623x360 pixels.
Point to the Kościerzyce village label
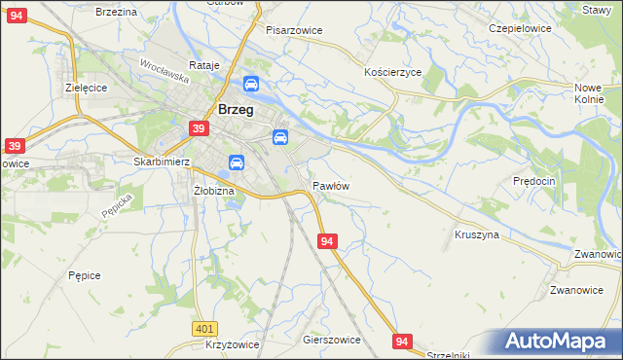pyautogui.click(x=392, y=72)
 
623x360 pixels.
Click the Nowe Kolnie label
pyautogui.click(x=590, y=93)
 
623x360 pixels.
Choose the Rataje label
pyautogui.click(x=205, y=65)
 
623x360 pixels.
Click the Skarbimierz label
pyautogui.click(x=161, y=162)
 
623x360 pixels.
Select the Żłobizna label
pyautogui.click(x=214, y=191)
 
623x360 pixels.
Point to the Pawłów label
pyautogui.click(x=331, y=185)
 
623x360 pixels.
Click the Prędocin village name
pyautogui.click(x=533, y=181)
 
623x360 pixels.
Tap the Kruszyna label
pyautogui.click(x=477, y=234)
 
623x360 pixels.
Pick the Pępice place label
pyautogui.click(x=85, y=275)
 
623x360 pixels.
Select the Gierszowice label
pyautogui.click(x=332, y=341)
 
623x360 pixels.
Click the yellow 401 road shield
pyautogui.click(x=203, y=330)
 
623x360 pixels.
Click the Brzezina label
pyautogui.click(x=115, y=11)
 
